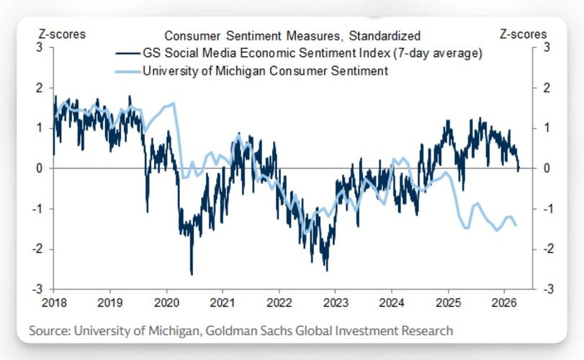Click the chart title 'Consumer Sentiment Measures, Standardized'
pos(292,35)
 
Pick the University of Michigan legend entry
pos(265,71)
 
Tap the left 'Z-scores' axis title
pos(61,35)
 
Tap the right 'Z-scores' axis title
pos(523,35)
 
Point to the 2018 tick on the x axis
pos(53,303)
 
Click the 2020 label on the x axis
pos(166,303)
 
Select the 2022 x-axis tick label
pos(278,303)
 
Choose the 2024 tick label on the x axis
pos(390,303)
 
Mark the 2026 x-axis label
pos(503,303)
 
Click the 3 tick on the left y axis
pos(40,48)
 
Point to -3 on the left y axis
pos(38,289)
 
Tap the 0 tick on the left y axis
pos(40,168)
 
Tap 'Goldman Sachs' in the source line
pos(242,330)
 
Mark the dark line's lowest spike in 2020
pos(192,274)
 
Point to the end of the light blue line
pos(516,225)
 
